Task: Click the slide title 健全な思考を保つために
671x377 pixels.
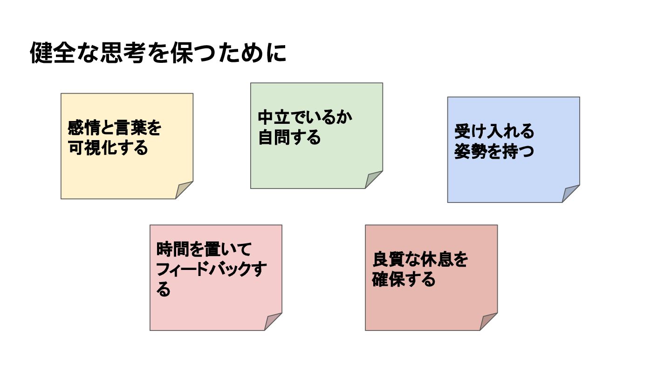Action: (158, 53)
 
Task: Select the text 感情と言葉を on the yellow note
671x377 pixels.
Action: (115, 128)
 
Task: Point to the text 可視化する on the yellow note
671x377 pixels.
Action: (108, 148)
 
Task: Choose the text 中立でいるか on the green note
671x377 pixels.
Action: (305, 117)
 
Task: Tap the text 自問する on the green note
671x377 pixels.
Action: (289, 137)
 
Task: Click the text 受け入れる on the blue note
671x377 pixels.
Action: (494, 132)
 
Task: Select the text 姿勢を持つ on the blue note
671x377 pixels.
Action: (494, 152)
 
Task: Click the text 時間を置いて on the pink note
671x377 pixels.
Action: (204, 249)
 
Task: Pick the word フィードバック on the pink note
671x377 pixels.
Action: (200, 269)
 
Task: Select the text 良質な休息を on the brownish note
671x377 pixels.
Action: (420, 260)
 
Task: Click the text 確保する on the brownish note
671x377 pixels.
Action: (404, 280)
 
